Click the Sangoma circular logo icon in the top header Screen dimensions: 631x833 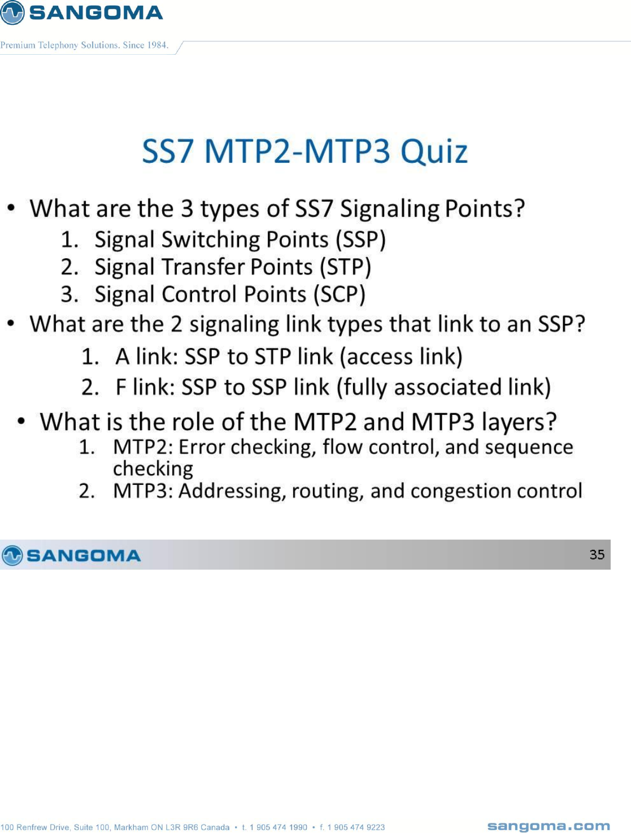coord(12,12)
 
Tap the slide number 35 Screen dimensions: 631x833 coord(597,554)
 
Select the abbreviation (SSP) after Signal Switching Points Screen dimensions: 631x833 coord(360,240)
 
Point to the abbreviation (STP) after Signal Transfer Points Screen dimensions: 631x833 coord(346,267)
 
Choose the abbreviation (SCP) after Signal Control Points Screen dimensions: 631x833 coord(340,294)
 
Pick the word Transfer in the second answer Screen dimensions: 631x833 coord(203,267)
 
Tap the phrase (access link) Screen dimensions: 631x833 coord(401,357)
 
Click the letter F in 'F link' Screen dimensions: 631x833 coord(121,387)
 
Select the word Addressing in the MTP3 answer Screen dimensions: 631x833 coord(232,492)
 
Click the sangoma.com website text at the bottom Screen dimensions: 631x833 coord(549,826)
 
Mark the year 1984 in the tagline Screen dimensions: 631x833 coord(158,45)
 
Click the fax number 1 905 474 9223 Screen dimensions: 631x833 coord(356,827)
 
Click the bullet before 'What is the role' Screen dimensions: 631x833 coord(21,422)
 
